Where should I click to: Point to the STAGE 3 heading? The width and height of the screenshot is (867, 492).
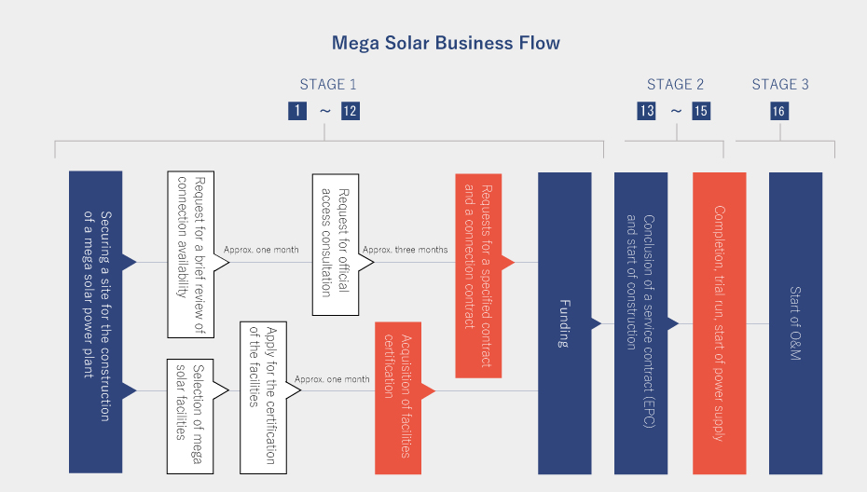coord(780,85)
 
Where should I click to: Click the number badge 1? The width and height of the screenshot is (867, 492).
coord(297,111)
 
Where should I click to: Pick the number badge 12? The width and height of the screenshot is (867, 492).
coord(350,111)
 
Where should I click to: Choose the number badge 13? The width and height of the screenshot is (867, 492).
coord(646,111)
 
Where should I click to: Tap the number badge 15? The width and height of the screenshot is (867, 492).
coord(700,111)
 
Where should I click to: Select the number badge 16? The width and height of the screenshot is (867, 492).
coord(779,111)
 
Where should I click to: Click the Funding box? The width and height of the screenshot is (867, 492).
coord(564,322)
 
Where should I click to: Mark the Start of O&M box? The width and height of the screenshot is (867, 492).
coord(795,322)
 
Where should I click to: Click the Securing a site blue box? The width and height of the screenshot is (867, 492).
coord(96,322)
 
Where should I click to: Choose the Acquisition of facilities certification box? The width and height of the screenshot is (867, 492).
coord(398,397)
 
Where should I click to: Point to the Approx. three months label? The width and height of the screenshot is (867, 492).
coord(405,250)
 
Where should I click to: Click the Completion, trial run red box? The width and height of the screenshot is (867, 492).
coord(719,322)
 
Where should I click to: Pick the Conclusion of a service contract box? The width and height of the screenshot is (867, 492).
coord(640,322)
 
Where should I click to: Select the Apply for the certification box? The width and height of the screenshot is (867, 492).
coord(263,397)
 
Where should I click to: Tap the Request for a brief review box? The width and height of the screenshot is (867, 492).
coord(191,253)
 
